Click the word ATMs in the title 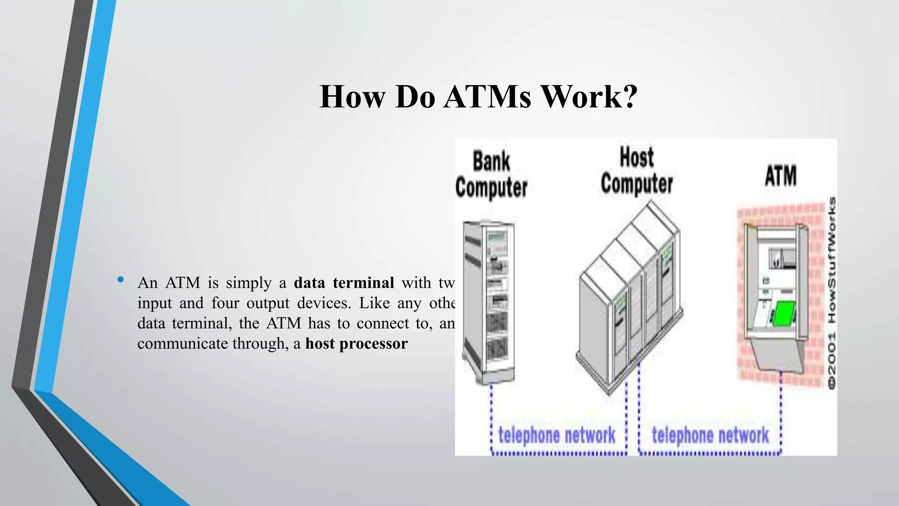pos(487,97)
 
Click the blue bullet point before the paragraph pos(121,280)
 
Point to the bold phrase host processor pos(356,343)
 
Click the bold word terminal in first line pos(363,283)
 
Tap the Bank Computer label pos(491,175)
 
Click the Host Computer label pos(636,171)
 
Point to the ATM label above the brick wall pos(780,176)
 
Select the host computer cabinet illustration pos(630,299)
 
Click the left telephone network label pos(557,435)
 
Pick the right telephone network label pos(710,435)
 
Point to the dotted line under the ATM pos(781,413)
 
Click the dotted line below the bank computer pos(492,413)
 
